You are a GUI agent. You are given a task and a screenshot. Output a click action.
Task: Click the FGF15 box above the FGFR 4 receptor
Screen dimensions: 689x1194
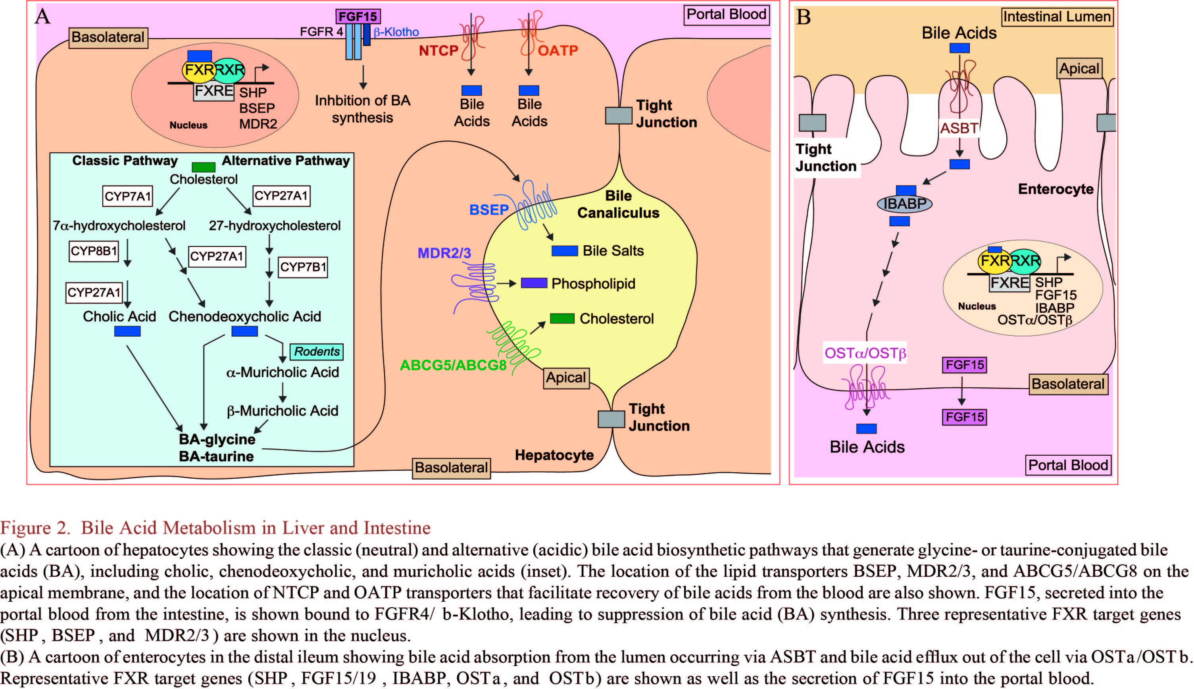(358, 17)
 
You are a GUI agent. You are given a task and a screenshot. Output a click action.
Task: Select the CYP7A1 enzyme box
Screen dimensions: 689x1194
(128, 196)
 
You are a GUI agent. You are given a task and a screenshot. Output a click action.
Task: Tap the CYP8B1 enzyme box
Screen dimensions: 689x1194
(94, 251)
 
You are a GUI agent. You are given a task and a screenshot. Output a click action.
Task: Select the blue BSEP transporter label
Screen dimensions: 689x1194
(488, 210)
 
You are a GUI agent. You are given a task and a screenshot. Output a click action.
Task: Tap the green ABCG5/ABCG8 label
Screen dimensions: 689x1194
(453, 365)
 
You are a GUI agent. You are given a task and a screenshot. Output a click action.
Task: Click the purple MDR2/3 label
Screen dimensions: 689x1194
(444, 253)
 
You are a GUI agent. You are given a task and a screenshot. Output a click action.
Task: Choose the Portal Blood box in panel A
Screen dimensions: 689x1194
(726, 15)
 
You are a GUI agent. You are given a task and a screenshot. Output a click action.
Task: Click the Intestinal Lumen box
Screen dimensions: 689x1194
(1057, 17)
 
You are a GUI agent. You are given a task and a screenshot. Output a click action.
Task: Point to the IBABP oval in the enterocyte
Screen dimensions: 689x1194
(904, 204)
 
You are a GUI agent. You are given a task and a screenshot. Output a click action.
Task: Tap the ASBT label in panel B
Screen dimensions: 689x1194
(959, 128)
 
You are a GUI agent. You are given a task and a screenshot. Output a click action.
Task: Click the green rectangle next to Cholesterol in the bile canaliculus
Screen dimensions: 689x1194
(562, 318)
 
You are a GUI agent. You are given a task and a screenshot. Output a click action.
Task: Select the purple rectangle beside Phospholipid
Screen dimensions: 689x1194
(534, 283)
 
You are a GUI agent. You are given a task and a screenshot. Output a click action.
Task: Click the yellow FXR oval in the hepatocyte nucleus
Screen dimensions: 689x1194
(199, 70)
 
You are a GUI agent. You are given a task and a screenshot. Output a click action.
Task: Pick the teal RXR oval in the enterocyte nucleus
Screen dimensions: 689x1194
(1025, 261)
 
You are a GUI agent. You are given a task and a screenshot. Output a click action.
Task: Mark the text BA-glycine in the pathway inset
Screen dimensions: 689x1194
(217, 439)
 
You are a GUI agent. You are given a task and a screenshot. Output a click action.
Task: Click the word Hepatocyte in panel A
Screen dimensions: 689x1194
(554, 455)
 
